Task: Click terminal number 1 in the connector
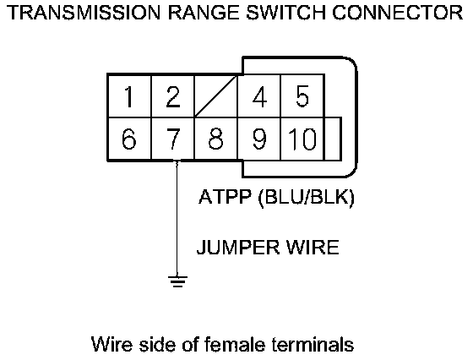click(x=129, y=96)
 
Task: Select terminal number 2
click(x=172, y=96)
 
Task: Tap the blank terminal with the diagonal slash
click(x=216, y=96)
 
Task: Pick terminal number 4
click(x=259, y=96)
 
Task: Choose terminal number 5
click(x=302, y=96)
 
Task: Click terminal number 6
click(x=129, y=139)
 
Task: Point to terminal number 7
click(x=172, y=139)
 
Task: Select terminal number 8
click(x=216, y=139)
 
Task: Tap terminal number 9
click(x=259, y=139)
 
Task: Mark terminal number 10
click(x=302, y=139)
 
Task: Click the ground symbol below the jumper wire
click(x=177, y=281)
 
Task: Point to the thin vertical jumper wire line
click(x=177, y=219)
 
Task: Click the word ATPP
click(x=225, y=197)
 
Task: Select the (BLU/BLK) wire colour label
click(x=306, y=198)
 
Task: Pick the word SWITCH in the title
click(x=286, y=13)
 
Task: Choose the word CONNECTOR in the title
click(x=398, y=13)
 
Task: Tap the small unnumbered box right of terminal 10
click(x=333, y=139)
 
